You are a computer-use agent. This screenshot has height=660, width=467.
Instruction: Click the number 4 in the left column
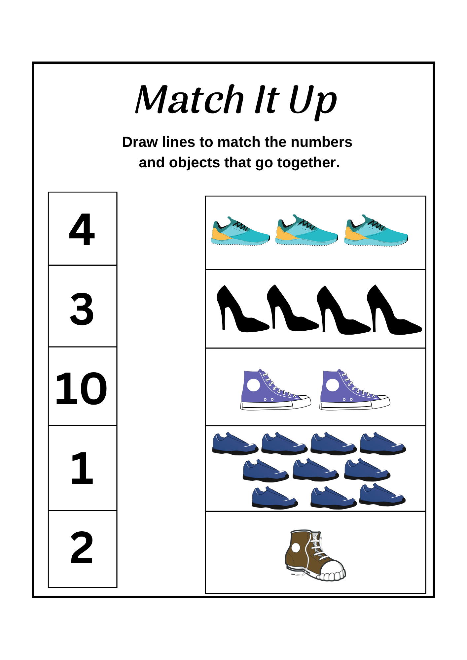pos(82,230)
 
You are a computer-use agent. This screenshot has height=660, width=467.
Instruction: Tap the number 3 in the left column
pos(82,309)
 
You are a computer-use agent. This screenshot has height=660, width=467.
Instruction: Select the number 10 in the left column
pos(81,388)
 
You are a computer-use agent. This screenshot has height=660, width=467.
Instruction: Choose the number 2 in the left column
pos(82,547)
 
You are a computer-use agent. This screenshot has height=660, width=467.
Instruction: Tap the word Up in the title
pos(313,102)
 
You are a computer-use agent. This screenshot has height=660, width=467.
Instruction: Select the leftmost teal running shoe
pos(240,232)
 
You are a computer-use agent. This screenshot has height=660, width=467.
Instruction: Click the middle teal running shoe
pos(306,231)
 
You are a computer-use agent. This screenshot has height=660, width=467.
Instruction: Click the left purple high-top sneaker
pos(275,390)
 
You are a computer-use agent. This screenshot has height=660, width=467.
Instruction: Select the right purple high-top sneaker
pos(355,390)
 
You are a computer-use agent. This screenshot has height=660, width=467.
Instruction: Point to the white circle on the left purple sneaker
pos(254,385)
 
